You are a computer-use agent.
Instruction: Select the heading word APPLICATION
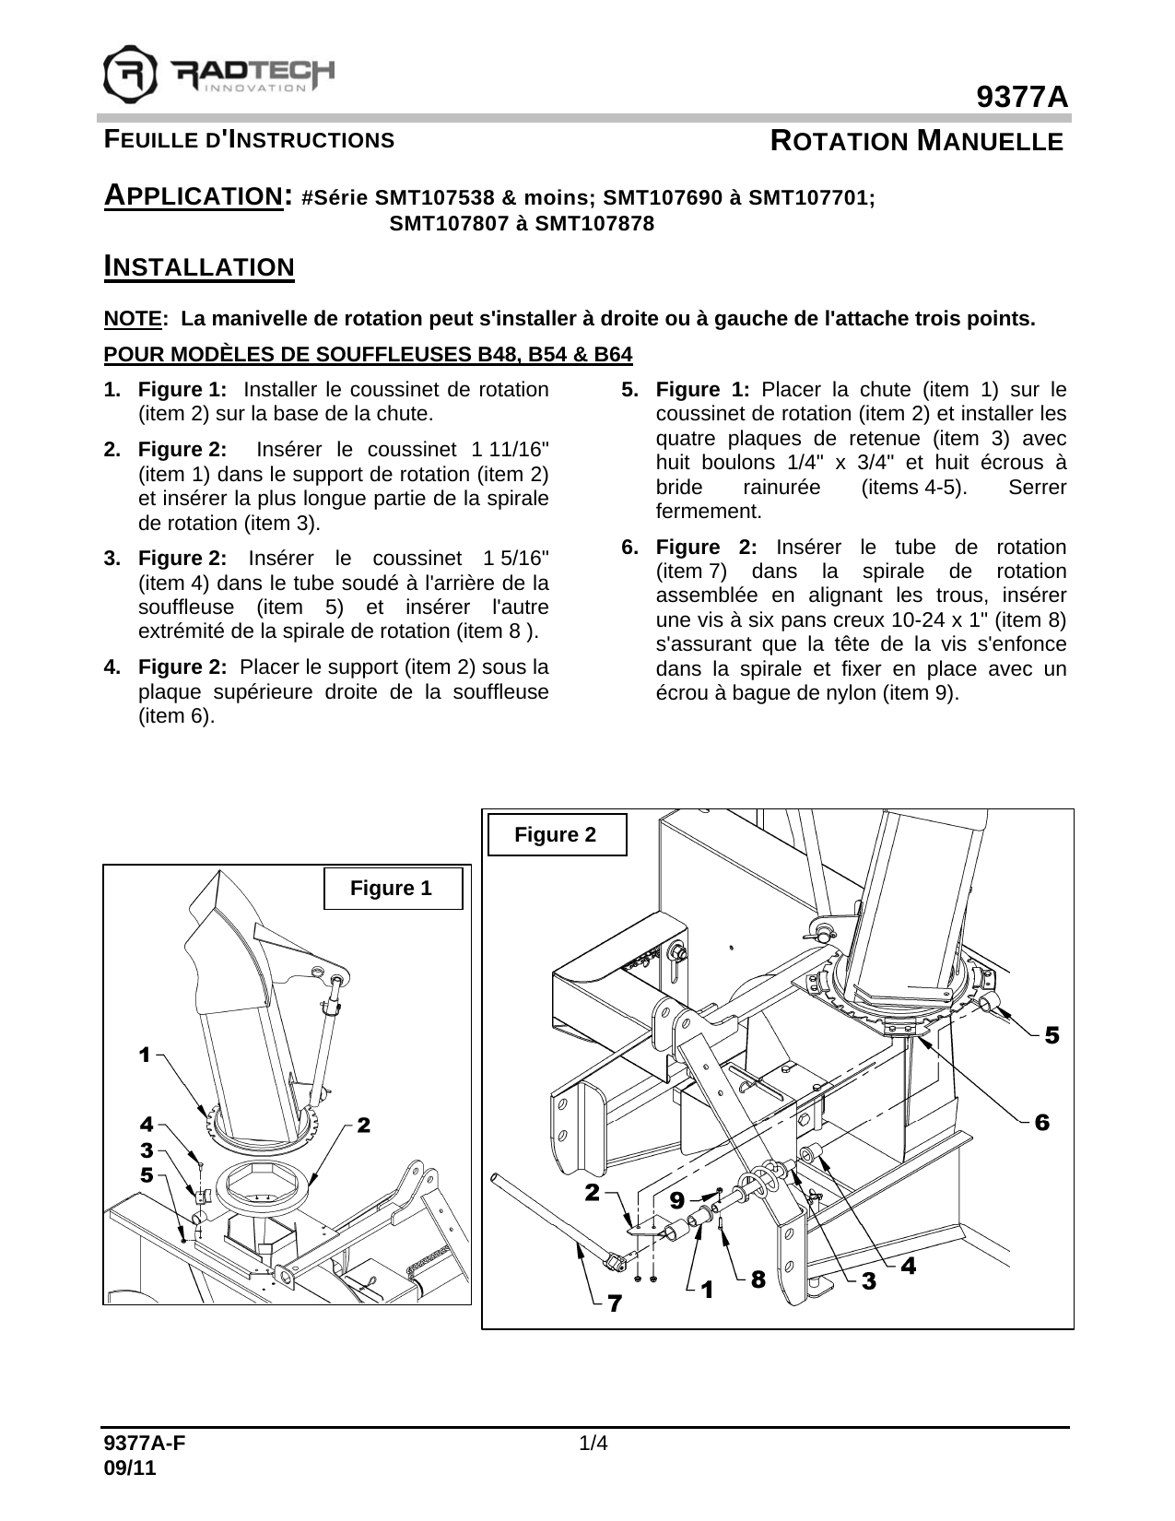tap(193, 196)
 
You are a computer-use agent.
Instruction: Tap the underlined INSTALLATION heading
tap(199, 267)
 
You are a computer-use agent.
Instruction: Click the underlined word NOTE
tap(133, 320)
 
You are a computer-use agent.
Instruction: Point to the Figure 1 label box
tap(393, 889)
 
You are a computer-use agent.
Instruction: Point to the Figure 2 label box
tap(556, 835)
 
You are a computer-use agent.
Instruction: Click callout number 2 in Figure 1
tap(363, 1125)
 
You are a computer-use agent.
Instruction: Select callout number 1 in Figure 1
tap(145, 1055)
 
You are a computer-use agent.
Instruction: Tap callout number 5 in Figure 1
tap(147, 1175)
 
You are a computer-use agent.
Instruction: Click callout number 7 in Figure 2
tap(614, 1304)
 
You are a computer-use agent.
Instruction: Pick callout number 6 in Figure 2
tap(1041, 1123)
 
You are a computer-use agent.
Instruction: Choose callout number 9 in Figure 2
tap(677, 1200)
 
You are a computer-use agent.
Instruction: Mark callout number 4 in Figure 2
tap(908, 1266)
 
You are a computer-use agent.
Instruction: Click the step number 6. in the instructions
tap(630, 548)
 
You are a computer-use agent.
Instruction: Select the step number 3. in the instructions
tap(112, 559)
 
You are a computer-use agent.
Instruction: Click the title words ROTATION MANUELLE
tap(916, 142)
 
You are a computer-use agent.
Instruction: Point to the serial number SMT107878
tap(594, 224)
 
